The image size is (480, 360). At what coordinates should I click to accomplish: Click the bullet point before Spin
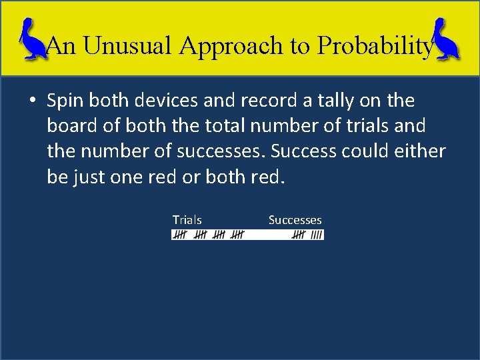coord(32,101)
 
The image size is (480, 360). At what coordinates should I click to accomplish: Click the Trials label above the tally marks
coord(187,220)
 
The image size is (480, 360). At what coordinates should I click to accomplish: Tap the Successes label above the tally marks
coord(295,220)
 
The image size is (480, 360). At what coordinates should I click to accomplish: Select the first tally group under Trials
coord(180,235)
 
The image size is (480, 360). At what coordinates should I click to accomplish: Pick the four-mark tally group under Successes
coord(317,235)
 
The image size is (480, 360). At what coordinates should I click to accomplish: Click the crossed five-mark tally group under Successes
coord(299,235)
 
